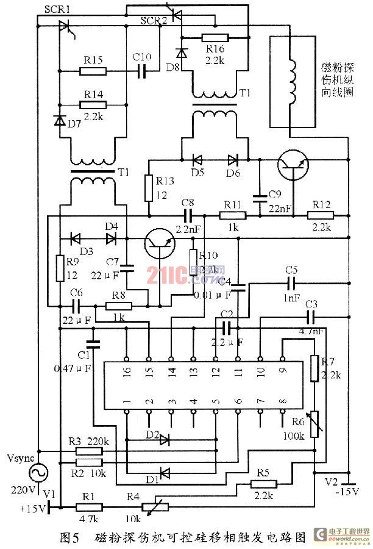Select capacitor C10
coord(141,71)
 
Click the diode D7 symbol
coord(60,120)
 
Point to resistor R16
coord(215,37)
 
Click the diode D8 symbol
coord(181,53)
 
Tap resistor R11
coord(233,215)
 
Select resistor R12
coord(319,215)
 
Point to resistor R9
coord(60,268)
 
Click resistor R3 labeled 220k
coord(89,451)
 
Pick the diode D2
coord(164,438)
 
